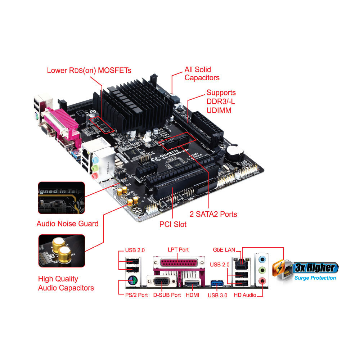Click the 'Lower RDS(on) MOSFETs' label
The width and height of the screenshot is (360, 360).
[x=89, y=70]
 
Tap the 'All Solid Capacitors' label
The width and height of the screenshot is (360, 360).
[x=202, y=73]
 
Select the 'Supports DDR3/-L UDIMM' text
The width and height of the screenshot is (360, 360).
[x=221, y=102]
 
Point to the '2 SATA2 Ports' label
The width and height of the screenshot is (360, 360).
[x=213, y=214]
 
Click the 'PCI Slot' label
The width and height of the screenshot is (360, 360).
[x=173, y=224]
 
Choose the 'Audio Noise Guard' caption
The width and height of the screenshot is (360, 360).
[x=67, y=224]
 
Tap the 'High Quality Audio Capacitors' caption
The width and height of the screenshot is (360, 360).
[x=66, y=283]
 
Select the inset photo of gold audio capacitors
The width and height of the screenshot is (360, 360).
[x=62, y=251]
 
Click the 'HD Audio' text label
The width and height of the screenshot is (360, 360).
[x=245, y=295]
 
